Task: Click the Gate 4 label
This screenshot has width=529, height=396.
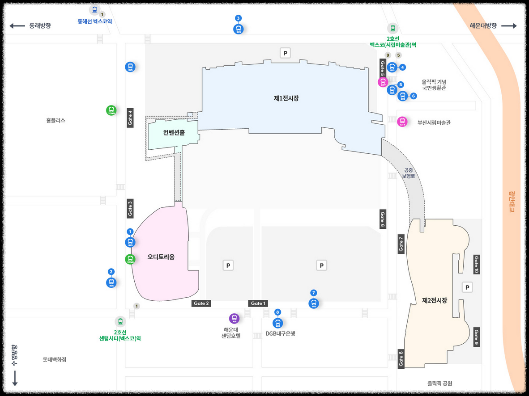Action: pos(130,118)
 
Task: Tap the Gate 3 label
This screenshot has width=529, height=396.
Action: pos(130,208)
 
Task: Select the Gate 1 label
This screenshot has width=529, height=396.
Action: pos(258,303)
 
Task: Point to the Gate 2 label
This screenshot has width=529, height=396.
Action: pos(201,303)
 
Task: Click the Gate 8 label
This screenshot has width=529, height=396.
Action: pos(401,359)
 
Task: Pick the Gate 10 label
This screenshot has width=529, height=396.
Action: pos(477,265)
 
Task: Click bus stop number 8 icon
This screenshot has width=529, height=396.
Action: pos(278,323)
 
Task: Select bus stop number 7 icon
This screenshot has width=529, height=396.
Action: pos(314,303)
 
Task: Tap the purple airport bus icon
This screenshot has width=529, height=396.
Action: pos(234,319)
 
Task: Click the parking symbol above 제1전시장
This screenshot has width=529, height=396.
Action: pos(285,53)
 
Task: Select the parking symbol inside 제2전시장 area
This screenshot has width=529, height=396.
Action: pos(467,287)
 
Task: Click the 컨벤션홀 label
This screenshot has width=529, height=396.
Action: pos(174,133)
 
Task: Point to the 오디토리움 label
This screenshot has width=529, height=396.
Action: pos(161,257)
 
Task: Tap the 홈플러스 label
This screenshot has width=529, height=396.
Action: pos(55,120)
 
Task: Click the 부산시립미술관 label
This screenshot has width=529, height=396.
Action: pos(434,122)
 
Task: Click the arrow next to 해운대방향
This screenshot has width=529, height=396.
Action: pos(509,26)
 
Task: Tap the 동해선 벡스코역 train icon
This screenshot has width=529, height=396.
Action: pos(94,10)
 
